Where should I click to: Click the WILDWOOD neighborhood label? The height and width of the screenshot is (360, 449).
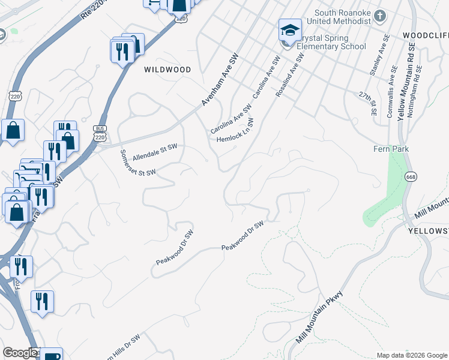point(167,70)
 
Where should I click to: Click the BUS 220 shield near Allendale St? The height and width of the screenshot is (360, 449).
point(99,133)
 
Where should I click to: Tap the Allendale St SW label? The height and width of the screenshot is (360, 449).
point(155,150)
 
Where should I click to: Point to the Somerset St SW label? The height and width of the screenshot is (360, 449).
point(138,163)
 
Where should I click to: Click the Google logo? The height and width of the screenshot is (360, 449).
point(20,353)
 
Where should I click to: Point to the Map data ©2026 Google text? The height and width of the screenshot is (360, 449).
point(411,355)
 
